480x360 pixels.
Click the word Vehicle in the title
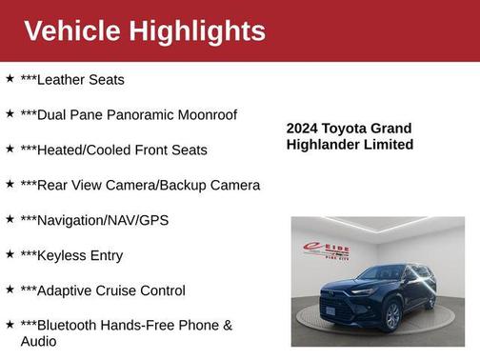click(x=71, y=30)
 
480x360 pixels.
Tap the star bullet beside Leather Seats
click(x=10, y=79)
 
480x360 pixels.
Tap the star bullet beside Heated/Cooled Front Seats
click(x=10, y=149)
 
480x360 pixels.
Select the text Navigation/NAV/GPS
click(x=94, y=220)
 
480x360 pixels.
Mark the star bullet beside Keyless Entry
click(x=10, y=254)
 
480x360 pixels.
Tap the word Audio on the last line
click(x=39, y=341)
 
